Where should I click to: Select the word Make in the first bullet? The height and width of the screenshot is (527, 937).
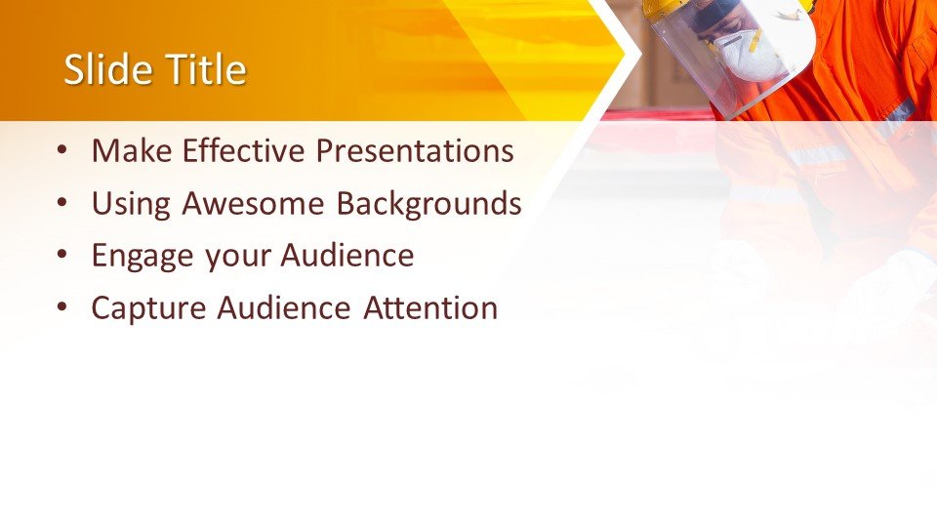(x=132, y=150)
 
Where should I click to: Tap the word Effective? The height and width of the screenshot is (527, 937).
(x=244, y=150)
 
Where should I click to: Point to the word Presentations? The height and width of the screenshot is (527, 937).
(x=415, y=150)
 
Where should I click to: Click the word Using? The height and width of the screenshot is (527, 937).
(x=131, y=204)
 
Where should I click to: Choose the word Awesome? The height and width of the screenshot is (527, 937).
(x=253, y=203)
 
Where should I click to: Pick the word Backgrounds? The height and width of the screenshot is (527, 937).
(x=429, y=204)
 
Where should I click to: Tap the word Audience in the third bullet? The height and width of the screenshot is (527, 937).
(x=347, y=255)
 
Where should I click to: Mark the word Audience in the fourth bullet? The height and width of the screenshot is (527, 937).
(x=283, y=307)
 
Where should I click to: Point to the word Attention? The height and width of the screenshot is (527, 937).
(x=430, y=308)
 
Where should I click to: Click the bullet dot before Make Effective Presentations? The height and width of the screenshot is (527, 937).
(x=62, y=150)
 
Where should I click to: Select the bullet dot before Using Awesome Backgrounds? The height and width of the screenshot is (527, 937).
(x=62, y=203)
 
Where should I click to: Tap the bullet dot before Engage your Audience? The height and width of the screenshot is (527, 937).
(x=62, y=255)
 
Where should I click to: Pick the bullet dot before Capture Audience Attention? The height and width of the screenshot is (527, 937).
(x=62, y=307)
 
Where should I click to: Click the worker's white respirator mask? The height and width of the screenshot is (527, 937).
(x=750, y=56)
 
